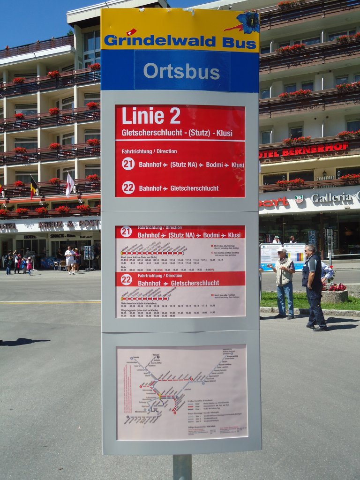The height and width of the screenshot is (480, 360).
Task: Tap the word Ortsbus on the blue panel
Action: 181,72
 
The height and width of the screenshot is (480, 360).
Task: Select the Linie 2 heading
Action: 151,116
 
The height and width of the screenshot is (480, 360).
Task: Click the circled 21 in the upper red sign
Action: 128,164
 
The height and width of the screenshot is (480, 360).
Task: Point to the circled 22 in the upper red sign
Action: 128,187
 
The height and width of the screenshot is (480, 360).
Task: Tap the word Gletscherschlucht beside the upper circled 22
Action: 194,188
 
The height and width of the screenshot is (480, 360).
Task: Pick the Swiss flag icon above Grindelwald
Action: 132,32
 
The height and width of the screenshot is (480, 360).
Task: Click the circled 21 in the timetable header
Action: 126,232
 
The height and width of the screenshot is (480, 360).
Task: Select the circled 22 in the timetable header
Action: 126,279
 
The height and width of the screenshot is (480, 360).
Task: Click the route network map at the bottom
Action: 182,392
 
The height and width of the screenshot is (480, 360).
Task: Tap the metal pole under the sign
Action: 182,467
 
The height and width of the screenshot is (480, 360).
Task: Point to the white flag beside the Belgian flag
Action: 69,184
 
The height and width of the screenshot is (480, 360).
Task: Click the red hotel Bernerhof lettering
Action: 304,150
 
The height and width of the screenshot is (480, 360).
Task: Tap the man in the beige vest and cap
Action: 284,283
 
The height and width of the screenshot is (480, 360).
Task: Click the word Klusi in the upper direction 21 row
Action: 237,165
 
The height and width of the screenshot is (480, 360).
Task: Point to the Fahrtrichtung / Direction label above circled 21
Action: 149,151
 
